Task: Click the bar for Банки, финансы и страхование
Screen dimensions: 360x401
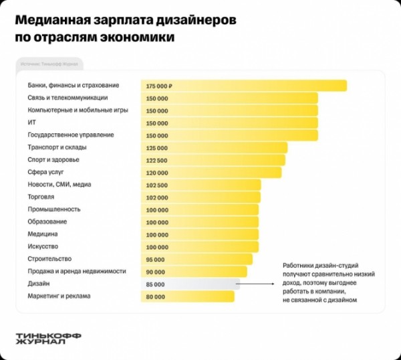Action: pyautogui.click(x=243, y=86)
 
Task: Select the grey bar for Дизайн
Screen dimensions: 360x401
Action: pyautogui.click(x=190, y=284)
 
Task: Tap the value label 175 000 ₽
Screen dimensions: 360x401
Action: pyautogui.click(x=159, y=86)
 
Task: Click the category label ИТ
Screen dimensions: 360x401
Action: pyautogui.click(x=32, y=122)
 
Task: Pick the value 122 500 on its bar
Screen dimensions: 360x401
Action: pyautogui.click(x=156, y=160)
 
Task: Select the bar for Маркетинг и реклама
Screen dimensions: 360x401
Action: pyautogui.click(x=187, y=296)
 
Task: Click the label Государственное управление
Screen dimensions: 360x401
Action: pyautogui.click(x=70, y=135)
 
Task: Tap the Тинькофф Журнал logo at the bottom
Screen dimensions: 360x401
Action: pyautogui.click(x=41, y=339)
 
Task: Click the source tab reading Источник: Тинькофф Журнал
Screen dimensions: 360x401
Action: pyautogui.click(x=49, y=64)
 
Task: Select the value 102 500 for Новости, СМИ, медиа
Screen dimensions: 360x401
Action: pyautogui.click(x=156, y=185)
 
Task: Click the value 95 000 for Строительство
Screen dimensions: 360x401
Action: pyautogui.click(x=154, y=259)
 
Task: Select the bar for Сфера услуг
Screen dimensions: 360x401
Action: pyautogui.click(x=211, y=172)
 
